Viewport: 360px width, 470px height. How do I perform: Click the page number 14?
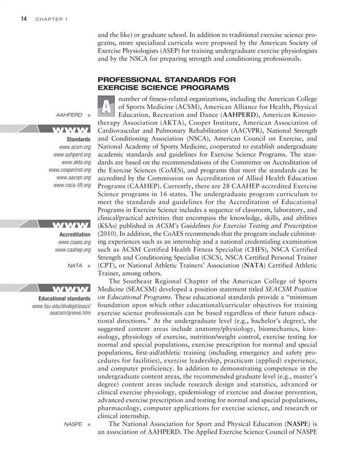pyautogui.click(x=24, y=19)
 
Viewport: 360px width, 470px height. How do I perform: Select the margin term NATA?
pyautogui.click(x=75, y=266)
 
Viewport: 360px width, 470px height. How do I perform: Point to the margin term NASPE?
pyautogui.click(x=73, y=423)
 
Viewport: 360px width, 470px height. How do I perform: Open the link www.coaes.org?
pyautogui.click(x=74, y=242)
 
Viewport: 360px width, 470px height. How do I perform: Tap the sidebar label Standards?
pyautogui.click(x=79, y=140)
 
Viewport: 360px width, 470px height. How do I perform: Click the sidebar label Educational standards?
pyautogui.click(x=65, y=298)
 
